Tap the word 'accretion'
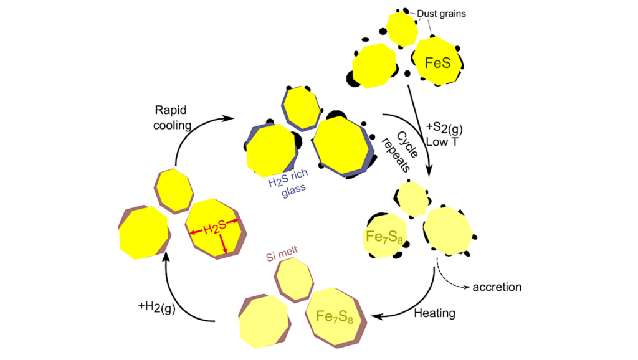pos(497,287)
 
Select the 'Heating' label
pos(435,313)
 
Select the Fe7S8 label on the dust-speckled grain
pos(381,237)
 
